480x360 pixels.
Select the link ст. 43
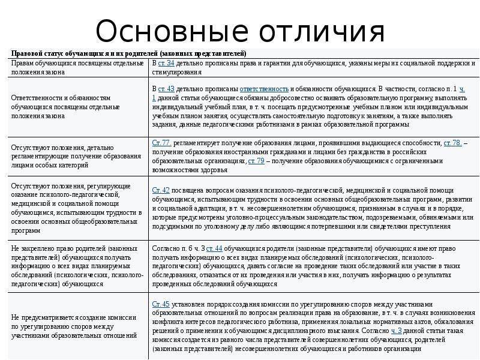point(166,89)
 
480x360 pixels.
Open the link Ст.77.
point(162,143)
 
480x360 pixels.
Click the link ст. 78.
point(452,143)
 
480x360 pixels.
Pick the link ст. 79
point(256,161)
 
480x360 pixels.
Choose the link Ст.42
point(161,190)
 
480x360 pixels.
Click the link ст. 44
point(214,248)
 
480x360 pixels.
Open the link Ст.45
point(161,304)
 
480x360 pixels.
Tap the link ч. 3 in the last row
point(397,331)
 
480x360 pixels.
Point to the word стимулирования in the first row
point(176,72)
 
